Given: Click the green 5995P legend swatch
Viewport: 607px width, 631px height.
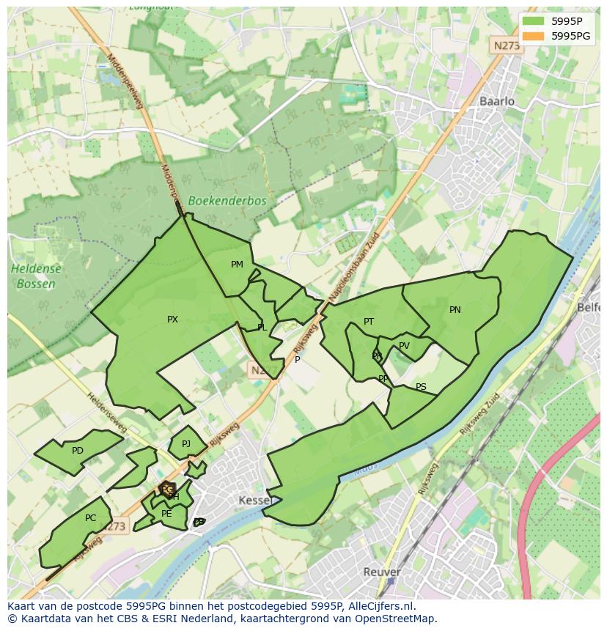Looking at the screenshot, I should (x=534, y=21).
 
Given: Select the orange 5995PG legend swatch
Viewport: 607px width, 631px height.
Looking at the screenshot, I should (x=534, y=35).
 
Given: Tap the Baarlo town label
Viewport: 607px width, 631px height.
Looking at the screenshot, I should (x=497, y=101).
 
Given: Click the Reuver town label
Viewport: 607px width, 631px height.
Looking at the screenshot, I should (x=381, y=572).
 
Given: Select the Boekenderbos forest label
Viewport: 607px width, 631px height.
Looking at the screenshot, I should (x=227, y=200).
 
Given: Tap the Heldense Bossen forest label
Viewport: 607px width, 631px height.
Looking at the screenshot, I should (x=37, y=276).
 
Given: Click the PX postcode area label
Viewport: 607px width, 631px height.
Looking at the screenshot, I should (x=172, y=320).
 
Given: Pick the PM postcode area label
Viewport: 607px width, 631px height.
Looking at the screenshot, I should (x=237, y=265).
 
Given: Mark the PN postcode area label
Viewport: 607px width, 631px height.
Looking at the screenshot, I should (x=455, y=310).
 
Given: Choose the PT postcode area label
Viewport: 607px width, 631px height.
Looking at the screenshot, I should (x=369, y=322).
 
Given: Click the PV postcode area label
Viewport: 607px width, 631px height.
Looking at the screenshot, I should (x=404, y=347).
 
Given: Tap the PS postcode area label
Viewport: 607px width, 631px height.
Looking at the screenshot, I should (x=421, y=387).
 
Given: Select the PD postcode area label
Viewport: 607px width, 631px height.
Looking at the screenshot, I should (x=78, y=451).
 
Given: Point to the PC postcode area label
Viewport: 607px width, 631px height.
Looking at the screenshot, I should (x=90, y=518).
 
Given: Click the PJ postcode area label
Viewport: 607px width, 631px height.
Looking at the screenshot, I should (x=186, y=444).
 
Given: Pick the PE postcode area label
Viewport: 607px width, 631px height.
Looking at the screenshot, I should (x=166, y=514).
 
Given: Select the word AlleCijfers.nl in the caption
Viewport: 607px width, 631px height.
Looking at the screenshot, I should (x=380, y=607).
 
